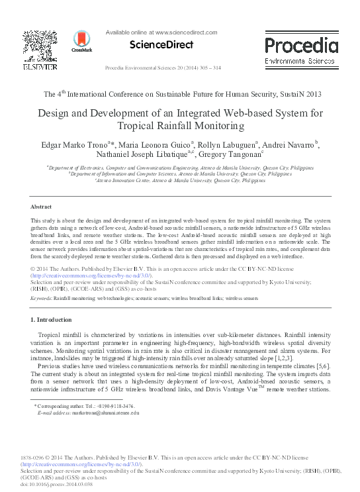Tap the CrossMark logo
point(81,40)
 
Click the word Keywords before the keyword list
point(41,299)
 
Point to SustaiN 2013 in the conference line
point(285,95)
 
